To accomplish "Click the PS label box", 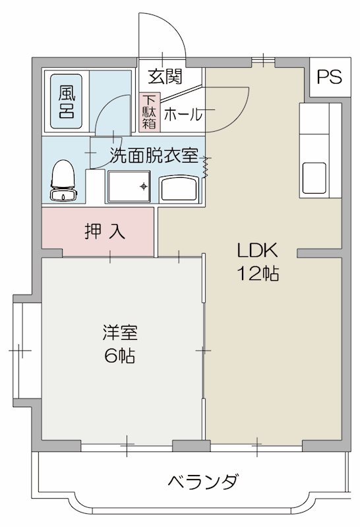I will click(x=328, y=77).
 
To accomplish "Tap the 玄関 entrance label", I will click(x=164, y=76).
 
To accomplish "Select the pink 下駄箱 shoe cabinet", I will click(x=148, y=112).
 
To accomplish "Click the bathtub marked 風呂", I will click(x=67, y=100).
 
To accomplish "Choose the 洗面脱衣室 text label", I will click(x=154, y=156).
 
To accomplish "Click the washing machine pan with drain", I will click(x=129, y=187).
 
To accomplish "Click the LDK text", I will click(x=259, y=250).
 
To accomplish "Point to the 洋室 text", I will click(x=119, y=333).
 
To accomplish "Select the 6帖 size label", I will click(x=119, y=356).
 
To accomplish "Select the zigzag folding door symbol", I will click(x=207, y=168).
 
